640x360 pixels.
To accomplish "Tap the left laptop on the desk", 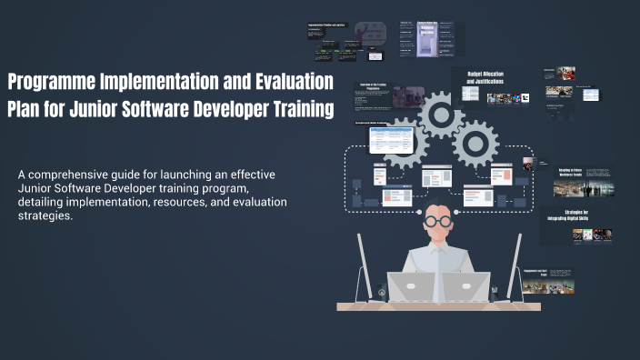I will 414,286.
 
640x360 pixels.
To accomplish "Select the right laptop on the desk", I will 465,286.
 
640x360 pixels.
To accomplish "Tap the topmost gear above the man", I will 441,114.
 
